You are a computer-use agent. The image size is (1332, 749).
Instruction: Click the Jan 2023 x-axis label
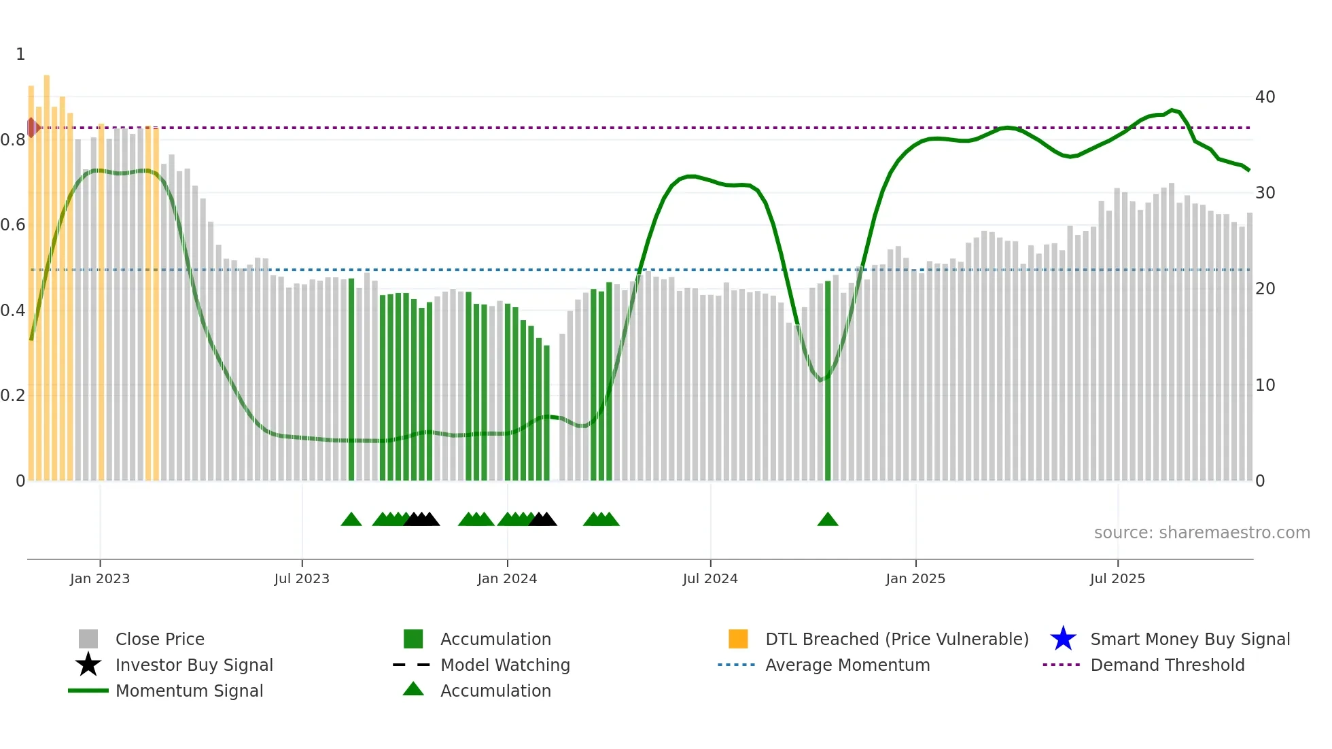coord(99,578)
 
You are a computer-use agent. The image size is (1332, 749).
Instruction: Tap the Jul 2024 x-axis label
coord(710,578)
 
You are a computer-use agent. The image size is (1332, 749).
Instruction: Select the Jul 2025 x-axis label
coord(1117,578)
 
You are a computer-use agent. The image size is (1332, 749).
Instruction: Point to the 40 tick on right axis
coord(1265,97)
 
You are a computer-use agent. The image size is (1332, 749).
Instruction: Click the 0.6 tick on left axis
coord(13,225)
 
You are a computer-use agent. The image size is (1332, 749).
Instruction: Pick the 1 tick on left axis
coord(20,54)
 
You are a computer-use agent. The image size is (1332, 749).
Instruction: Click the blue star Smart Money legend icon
coord(1063,639)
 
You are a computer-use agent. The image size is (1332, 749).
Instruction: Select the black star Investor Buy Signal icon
coord(88,665)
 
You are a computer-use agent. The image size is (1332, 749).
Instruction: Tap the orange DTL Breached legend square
coord(738,639)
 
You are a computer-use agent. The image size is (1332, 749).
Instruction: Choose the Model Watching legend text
coord(505,665)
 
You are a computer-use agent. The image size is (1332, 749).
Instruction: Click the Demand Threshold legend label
coord(1167,665)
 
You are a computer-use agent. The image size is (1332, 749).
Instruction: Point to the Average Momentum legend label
coord(847,665)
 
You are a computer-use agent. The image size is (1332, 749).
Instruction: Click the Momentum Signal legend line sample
coord(88,691)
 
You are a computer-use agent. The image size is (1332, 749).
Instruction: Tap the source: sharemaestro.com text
coord(1202,533)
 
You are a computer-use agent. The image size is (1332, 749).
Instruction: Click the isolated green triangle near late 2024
coord(828,520)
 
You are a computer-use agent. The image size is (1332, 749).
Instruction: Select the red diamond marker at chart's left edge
coord(32,127)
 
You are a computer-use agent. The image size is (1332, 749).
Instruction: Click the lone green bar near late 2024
coord(828,381)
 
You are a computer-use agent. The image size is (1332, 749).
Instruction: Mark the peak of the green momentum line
coord(1172,109)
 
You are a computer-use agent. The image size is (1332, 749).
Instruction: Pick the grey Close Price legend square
coord(88,639)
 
